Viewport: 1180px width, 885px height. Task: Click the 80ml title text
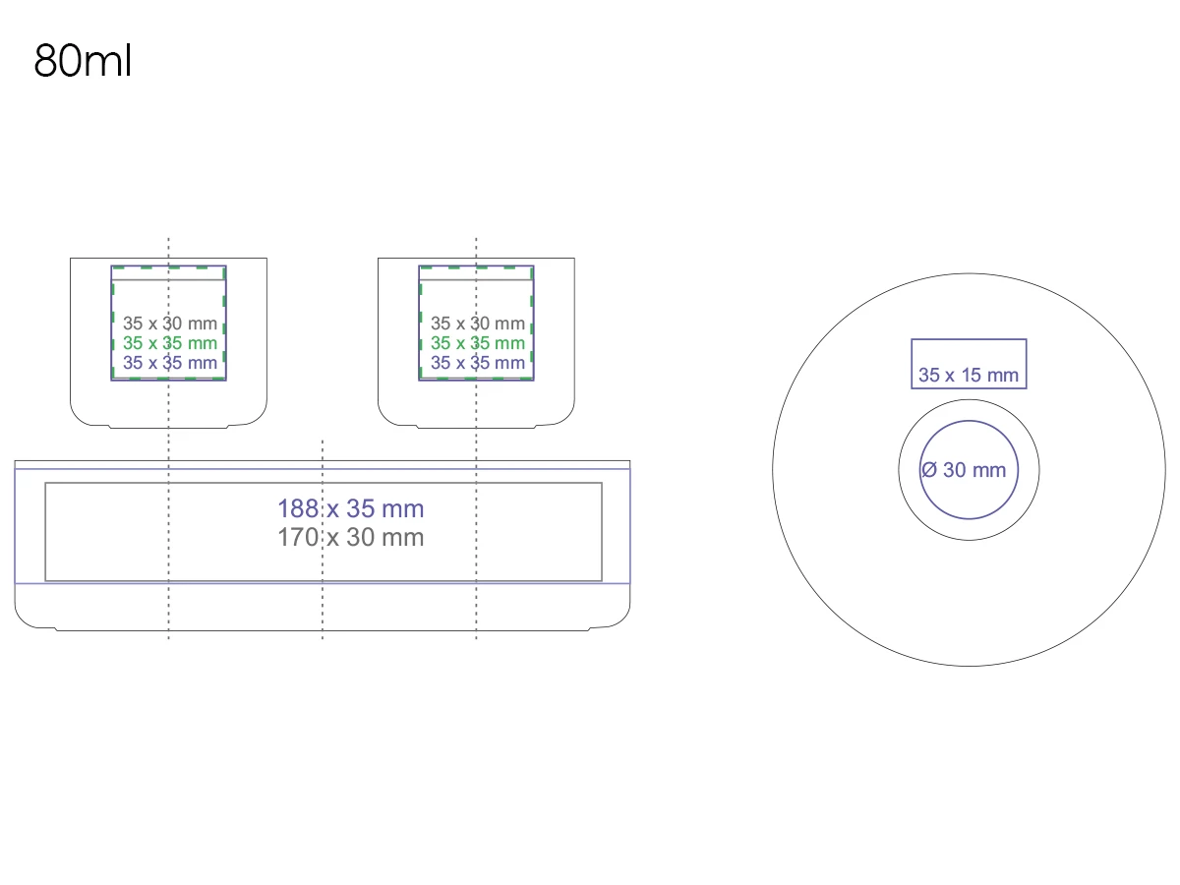(x=83, y=61)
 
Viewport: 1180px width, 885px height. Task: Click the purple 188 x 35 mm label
(x=350, y=508)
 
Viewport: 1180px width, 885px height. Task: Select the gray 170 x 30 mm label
(x=350, y=537)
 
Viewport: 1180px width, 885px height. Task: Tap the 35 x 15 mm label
(x=969, y=375)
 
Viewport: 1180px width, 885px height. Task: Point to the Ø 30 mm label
(x=964, y=470)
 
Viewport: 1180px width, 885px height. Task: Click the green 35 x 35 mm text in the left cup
(x=170, y=343)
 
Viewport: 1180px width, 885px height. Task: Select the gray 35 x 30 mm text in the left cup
(x=170, y=323)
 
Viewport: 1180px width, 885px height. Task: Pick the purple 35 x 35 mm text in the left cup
(x=170, y=363)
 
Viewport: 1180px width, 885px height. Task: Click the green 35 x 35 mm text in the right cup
(x=478, y=343)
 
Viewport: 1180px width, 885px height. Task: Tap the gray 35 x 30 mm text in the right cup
(x=478, y=323)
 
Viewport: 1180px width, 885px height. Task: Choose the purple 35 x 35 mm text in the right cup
(x=478, y=363)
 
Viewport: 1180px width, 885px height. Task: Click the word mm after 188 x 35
(x=404, y=508)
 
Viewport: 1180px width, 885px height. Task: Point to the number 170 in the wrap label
(x=297, y=537)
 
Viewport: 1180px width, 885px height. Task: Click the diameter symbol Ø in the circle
(x=929, y=470)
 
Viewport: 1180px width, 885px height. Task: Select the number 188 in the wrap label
(x=297, y=508)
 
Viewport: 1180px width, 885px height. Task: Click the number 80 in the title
(x=58, y=61)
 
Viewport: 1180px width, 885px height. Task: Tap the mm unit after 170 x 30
(x=404, y=537)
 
